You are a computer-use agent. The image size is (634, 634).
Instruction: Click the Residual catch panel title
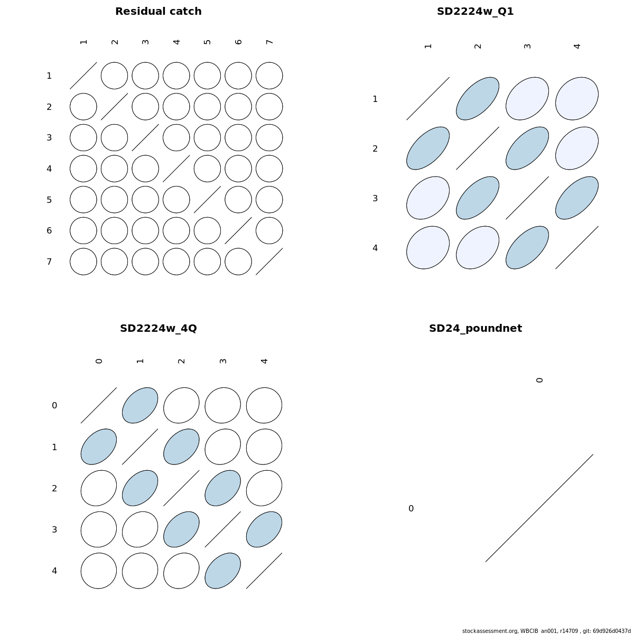pos(158,12)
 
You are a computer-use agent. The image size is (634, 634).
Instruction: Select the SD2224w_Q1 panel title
pos(475,12)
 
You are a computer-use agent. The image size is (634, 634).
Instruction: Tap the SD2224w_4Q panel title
pos(158,328)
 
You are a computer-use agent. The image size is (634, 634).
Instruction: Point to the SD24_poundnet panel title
pos(475,328)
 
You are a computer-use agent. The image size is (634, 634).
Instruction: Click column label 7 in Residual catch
pos(269,42)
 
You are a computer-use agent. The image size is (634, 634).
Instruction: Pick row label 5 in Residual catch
pos(49,200)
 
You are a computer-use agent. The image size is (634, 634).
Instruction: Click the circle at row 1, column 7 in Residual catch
pos(269,76)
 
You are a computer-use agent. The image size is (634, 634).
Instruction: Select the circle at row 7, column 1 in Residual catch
pos(83,262)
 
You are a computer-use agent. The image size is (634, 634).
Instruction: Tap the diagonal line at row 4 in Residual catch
pos(176,169)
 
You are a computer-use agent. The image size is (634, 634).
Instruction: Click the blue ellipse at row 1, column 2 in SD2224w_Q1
pos(478,99)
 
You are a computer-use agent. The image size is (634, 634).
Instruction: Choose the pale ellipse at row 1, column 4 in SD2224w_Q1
pos(577,99)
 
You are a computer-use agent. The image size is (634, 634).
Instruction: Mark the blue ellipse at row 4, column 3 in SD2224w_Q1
pos(527,247)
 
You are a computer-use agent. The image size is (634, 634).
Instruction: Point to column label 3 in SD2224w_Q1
pos(527,46)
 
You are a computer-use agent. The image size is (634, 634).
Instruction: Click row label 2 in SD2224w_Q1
pos(375,148)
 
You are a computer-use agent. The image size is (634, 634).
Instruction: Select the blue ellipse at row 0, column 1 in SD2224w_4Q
pos(140,405)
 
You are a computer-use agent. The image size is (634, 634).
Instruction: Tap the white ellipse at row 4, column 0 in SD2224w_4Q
pos(99,571)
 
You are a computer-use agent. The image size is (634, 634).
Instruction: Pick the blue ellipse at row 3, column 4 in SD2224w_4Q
pos(264,529)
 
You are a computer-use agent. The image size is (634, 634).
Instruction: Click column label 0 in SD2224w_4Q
pos(99,361)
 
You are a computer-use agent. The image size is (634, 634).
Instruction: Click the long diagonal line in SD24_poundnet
pos(539,508)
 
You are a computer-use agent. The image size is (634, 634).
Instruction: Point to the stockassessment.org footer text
pos(546,631)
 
